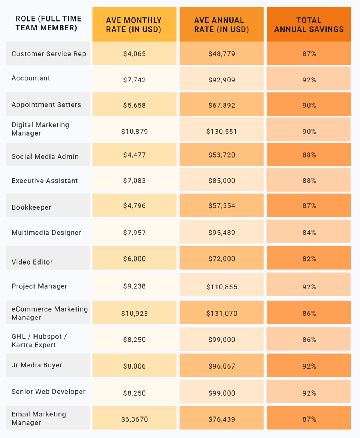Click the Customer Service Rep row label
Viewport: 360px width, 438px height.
(49, 54)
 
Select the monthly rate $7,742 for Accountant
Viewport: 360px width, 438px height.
(134, 80)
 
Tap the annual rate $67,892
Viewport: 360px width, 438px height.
(222, 106)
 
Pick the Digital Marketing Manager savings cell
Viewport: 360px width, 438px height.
(309, 132)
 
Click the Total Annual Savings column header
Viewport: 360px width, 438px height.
(309, 25)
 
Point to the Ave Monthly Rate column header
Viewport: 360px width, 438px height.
(134, 25)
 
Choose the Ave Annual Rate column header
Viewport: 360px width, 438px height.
(222, 25)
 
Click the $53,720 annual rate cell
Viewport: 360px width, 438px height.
(222, 155)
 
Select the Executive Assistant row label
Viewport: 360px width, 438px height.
(45, 181)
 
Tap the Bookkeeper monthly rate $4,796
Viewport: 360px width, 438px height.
(134, 205)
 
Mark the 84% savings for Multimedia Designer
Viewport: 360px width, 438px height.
(309, 233)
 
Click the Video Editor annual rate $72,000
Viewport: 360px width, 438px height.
(222, 259)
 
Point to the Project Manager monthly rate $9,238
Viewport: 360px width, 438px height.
(134, 286)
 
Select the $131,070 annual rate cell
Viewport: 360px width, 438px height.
(222, 314)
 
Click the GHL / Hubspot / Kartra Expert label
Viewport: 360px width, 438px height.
(39, 341)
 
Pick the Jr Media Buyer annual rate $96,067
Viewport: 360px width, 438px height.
(222, 366)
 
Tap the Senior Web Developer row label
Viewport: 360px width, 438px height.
(48, 392)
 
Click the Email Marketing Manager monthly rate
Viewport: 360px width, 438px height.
(134, 419)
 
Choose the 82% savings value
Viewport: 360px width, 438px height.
(309, 259)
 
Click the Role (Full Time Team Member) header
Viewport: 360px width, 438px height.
(48, 23)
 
